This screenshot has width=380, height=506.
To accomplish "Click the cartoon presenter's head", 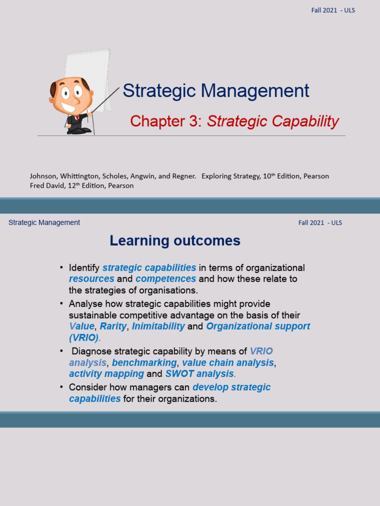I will [x=71, y=94].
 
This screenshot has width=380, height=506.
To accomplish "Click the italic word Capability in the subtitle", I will [x=307, y=121].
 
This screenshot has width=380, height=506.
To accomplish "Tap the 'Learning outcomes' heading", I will [x=175, y=241].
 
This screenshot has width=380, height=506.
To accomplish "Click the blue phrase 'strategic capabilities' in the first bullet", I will [x=149, y=268].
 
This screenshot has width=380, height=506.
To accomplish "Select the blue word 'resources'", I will [x=92, y=279].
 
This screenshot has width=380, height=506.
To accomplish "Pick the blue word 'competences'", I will [x=166, y=279].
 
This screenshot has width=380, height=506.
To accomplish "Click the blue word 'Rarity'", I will [x=113, y=327].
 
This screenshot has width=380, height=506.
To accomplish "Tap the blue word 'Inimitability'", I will [x=158, y=327].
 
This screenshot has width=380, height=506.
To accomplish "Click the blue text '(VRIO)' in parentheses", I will [x=84, y=338].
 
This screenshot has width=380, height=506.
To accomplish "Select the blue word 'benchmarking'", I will [x=144, y=363].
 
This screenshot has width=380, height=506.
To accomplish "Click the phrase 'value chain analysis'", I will [x=228, y=363].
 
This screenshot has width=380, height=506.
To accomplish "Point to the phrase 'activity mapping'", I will [x=106, y=374].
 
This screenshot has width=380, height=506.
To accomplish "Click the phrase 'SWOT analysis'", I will [x=199, y=374].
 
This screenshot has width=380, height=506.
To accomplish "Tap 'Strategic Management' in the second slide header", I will [x=44, y=222].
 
